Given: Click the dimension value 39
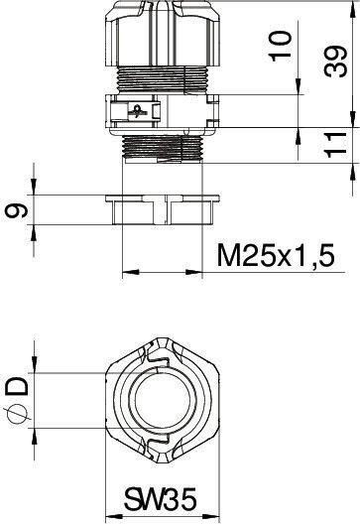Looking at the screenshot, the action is coord(336,63).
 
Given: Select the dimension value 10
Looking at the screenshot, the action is coord(281,46).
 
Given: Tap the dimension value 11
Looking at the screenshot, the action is coord(335,145).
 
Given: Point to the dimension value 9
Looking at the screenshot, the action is coord(17,210).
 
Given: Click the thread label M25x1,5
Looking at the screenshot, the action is coord(276,255).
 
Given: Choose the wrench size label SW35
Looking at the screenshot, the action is coord(161,500).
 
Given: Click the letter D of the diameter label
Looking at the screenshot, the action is coord(18,387).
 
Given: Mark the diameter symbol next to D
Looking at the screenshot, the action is coord(18,415).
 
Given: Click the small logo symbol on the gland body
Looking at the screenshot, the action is coord(137,111).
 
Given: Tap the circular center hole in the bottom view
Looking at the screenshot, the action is coord(163,400).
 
